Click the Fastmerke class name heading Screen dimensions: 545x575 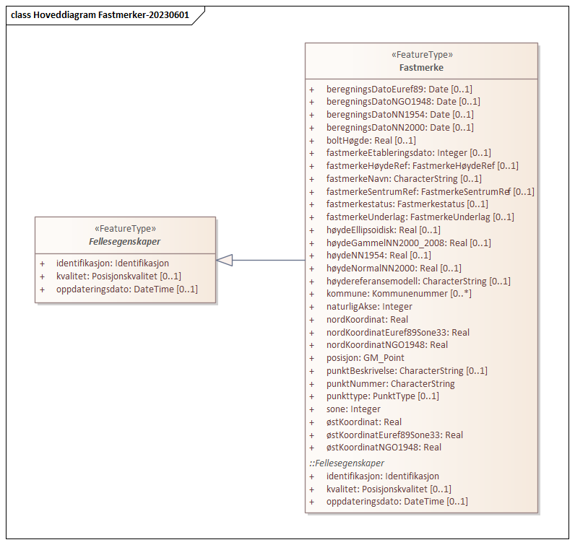click(x=421, y=67)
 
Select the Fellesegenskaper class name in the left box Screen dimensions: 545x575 click(x=125, y=241)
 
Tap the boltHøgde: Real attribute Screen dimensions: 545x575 click(x=371, y=140)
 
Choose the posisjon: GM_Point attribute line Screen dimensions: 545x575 click(x=365, y=357)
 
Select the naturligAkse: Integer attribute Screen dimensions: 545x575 click(x=369, y=307)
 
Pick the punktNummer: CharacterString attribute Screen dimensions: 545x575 click(x=390, y=383)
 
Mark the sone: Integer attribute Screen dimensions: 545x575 click(x=353, y=409)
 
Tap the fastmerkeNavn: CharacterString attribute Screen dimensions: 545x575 click(x=404, y=178)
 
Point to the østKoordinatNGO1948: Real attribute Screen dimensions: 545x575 click(x=384, y=448)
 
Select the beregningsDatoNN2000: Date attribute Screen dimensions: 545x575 click(x=399, y=127)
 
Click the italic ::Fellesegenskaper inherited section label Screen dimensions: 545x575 click(x=347, y=463)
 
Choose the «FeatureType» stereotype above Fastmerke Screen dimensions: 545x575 click(x=421, y=54)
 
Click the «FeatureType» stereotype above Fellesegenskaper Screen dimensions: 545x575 click(x=125, y=228)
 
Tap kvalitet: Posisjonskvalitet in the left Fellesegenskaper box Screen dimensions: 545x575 click(x=118, y=276)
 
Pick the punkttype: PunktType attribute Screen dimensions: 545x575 click(x=382, y=396)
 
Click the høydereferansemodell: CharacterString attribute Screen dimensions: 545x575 click(x=418, y=281)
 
